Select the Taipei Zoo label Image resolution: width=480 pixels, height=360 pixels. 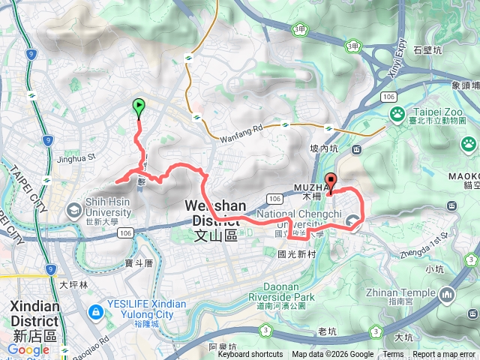pyautogui.click(x=435, y=116)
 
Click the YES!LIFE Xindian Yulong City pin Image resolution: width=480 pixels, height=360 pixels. pyautogui.click(x=96, y=310)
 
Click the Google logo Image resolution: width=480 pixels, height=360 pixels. pyautogui.click(x=28, y=350)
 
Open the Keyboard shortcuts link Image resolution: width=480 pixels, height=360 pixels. pyautogui.click(x=250, y=355)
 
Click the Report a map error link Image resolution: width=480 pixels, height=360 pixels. pyautogui.click(x=444, y=355)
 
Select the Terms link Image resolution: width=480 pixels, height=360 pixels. pyautogui.click(x=393, y=355)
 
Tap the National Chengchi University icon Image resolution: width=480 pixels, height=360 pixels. pyautogui.click(x=352, y=220)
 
